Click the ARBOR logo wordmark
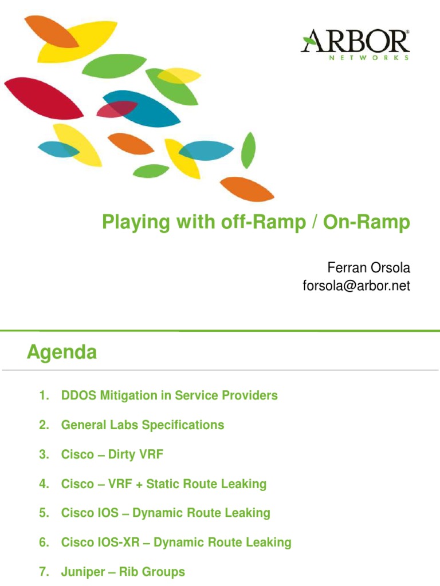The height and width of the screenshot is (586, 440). point(355,42)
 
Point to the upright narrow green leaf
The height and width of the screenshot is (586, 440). point(248,150)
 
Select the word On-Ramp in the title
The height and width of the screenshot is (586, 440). point(367,223)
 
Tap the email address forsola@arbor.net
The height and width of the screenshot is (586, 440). point(356,286)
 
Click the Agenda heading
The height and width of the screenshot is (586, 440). point(62,353)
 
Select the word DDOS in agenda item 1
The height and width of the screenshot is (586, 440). point(79,395)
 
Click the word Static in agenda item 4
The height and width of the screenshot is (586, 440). point(164,484)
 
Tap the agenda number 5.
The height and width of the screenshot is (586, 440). point(44,513)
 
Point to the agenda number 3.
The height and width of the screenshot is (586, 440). point(44,454)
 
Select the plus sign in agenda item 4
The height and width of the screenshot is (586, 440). point(139,484)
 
